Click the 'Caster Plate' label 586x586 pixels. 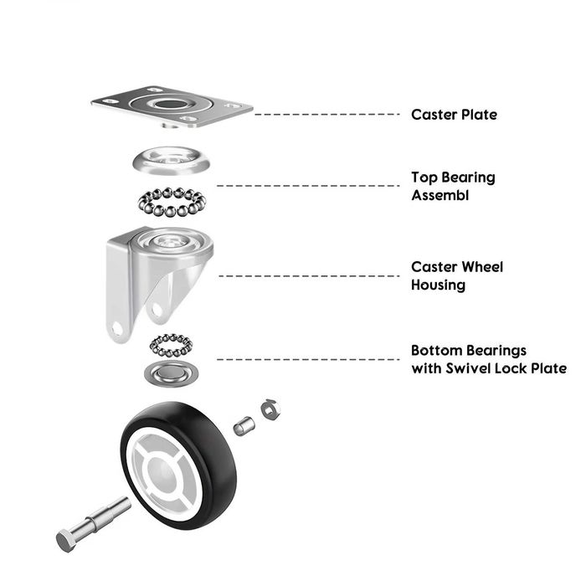pos(454,115)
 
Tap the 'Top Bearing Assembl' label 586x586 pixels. pos(454,186)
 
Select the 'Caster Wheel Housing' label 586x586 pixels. pos(457,275)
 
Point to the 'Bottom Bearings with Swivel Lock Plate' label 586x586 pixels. pos(489,359)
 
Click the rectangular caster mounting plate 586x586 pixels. pos(172,107)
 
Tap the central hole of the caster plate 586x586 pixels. pos(171,105)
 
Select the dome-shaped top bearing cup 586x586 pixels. pos(171,161)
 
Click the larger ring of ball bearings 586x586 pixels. pos(172,202)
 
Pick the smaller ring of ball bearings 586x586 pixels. pos(171,346)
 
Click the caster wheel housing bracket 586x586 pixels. pos(157,280)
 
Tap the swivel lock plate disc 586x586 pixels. pos(171,373)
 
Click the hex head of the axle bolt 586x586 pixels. pos(66,541)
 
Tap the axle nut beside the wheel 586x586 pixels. pos(270,410)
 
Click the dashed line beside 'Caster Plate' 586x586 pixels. pos(327,114)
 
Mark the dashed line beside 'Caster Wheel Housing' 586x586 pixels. pos(309,276)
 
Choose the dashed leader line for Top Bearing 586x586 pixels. pos(308,186)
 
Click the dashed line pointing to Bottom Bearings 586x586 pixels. pos(308,359)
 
